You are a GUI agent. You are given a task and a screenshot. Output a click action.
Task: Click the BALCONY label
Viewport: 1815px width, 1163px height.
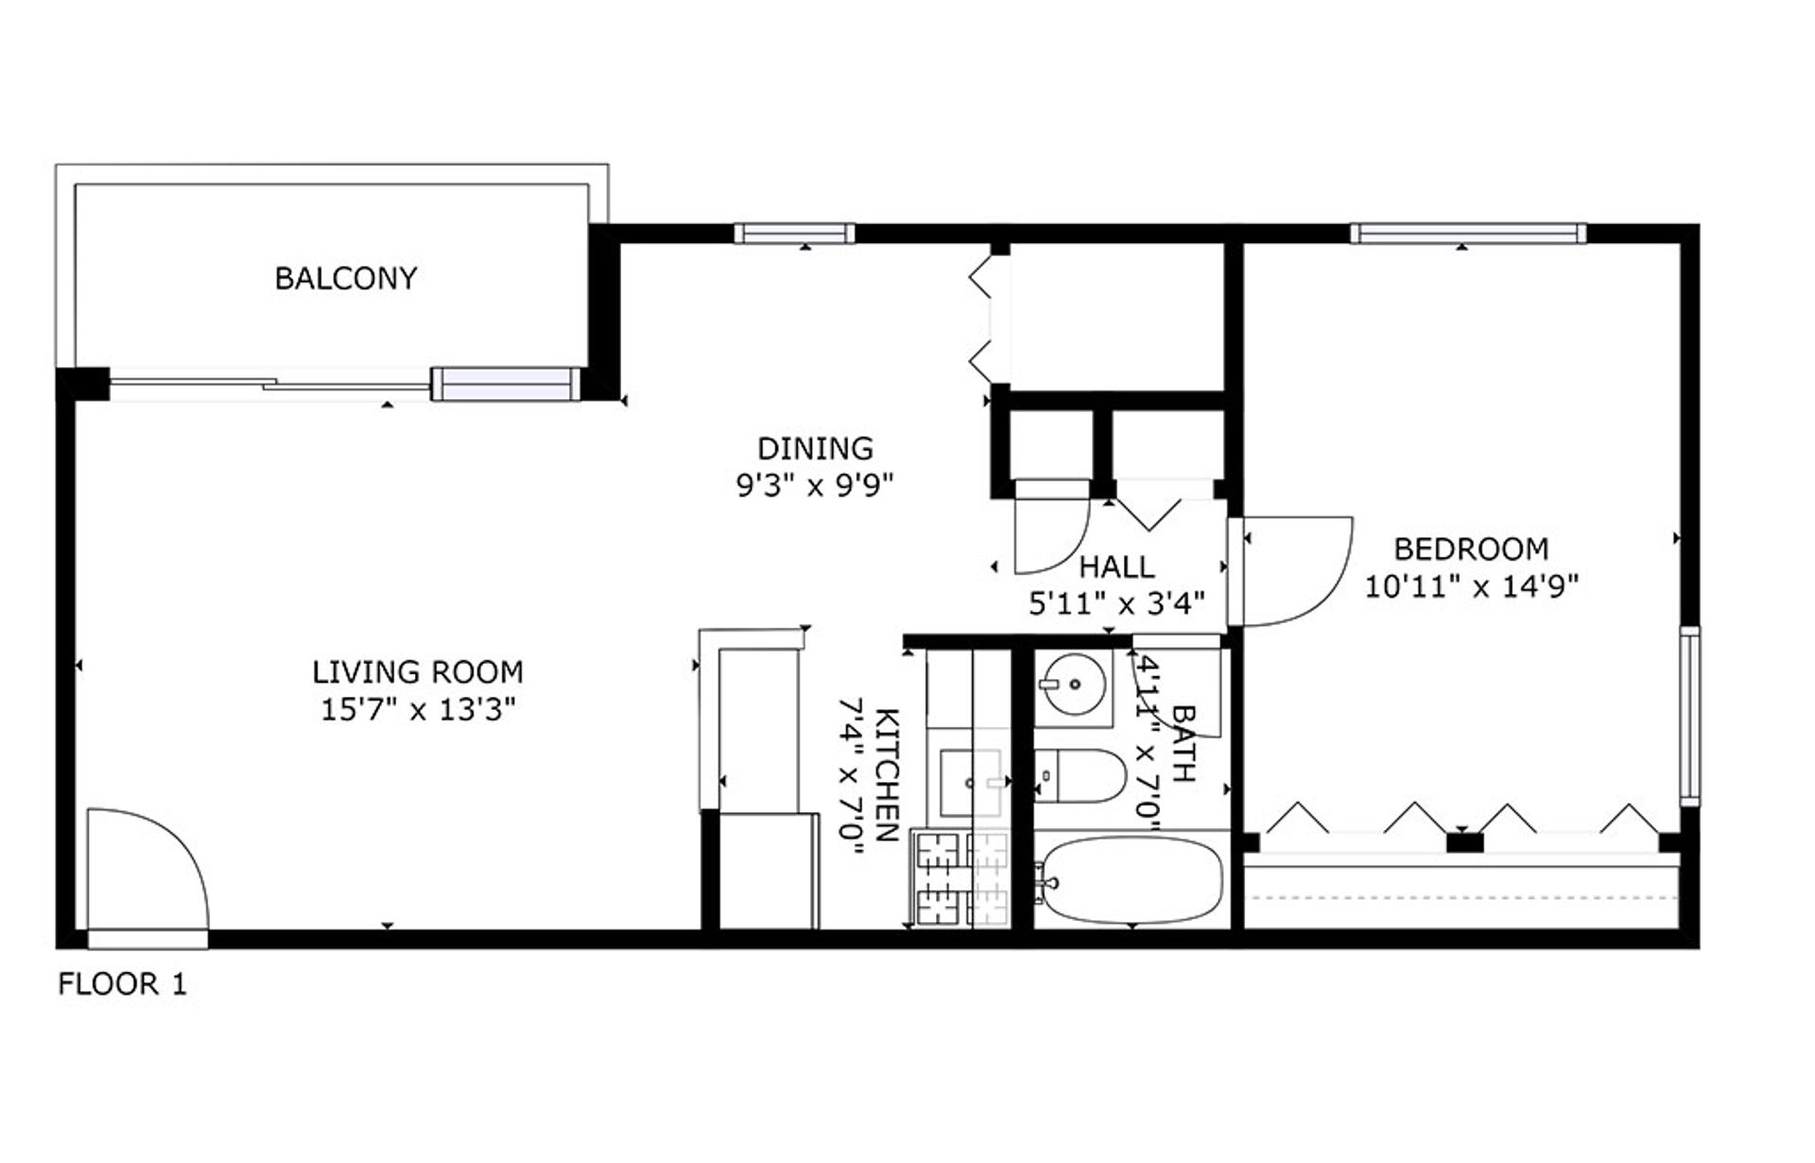point(345,278)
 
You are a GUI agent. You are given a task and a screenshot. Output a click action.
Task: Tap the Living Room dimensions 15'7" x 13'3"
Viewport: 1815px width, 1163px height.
point(417,710)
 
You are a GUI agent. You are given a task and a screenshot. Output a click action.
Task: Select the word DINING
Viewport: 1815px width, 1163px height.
point(815,447)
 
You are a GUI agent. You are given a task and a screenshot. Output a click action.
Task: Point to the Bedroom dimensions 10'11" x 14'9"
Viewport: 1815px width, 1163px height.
point(1471,587)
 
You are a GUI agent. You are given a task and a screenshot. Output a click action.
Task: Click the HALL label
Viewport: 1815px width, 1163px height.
point(1116,567)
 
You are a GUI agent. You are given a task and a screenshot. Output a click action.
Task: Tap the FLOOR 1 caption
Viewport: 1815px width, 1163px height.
point(123,984)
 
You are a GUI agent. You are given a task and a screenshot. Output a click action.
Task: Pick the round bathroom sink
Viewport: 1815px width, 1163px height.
point(1073,684)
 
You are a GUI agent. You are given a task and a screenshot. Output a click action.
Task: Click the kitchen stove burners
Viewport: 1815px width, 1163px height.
point(960,878)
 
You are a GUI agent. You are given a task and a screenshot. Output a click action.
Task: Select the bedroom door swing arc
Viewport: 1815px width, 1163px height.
point(1295,572)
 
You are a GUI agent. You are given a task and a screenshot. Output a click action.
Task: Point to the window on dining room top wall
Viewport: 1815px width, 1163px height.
point(794,233)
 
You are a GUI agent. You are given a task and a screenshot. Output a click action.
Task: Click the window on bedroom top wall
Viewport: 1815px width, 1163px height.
point(1467,233)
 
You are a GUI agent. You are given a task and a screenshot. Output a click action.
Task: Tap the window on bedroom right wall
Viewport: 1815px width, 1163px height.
point(1689,716)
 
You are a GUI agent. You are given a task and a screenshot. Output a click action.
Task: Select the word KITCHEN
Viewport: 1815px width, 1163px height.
point(887,775)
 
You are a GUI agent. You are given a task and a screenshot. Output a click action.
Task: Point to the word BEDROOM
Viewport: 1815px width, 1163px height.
point(1471,548)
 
